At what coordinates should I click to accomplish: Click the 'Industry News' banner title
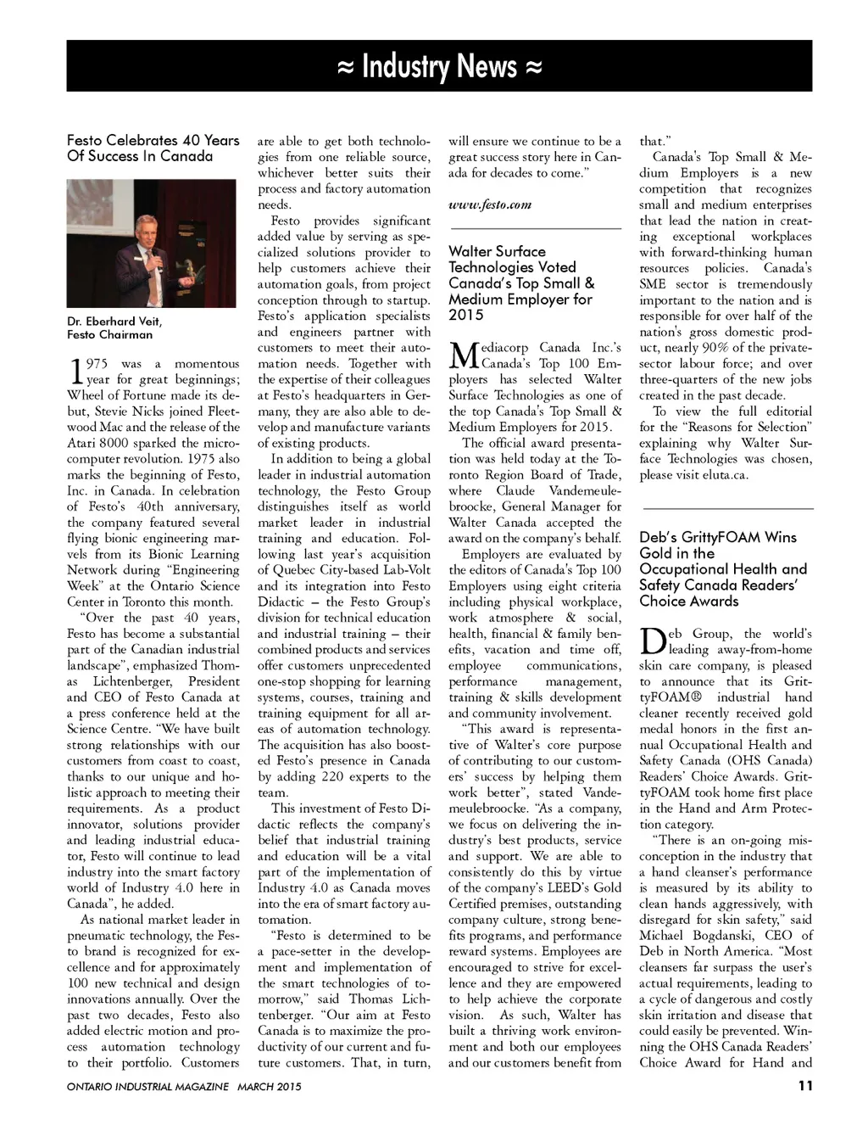pyautogui.click(x=439, y=66)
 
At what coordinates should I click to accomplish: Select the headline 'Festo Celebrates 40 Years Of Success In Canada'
pyautogui.click(x=153, y=148)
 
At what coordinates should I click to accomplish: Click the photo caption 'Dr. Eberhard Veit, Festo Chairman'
pyautogui.click(x=114, y=327)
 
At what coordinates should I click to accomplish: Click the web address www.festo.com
pyautogui.click(x=490, y=204)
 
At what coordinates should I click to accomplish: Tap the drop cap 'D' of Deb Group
pyautogui.click(x=652, y=641)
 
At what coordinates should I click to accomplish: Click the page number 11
pyautogui.click(x=804, y=1085)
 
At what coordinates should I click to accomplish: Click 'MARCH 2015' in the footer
pyautogui.click(x=269, y=1086)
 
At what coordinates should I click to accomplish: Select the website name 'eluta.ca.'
pyautogui.click(x=728, y=475)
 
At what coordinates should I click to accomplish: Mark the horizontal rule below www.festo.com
pyautogui.click(x=535, y=229)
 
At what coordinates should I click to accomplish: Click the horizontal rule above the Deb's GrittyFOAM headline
pyautogui.click(x=726, y=508)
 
